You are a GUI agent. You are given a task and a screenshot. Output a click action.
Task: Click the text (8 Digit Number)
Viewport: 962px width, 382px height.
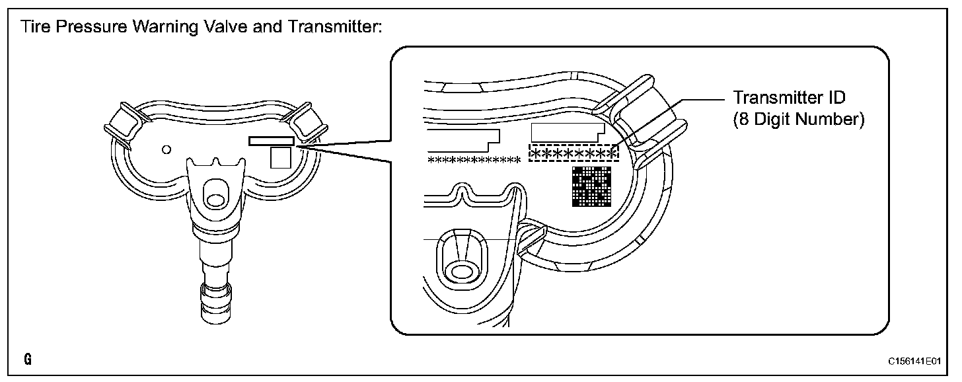click(798, 121)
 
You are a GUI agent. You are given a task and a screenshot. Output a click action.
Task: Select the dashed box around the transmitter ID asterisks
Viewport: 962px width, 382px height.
click(573, 153)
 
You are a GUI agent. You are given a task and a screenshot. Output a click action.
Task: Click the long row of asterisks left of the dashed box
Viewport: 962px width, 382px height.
click(474, 160)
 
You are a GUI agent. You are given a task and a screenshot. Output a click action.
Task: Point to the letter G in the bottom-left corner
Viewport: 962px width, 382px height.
click(27, 360)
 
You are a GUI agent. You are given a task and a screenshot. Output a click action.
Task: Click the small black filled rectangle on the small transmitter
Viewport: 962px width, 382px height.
click(271, 141)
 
